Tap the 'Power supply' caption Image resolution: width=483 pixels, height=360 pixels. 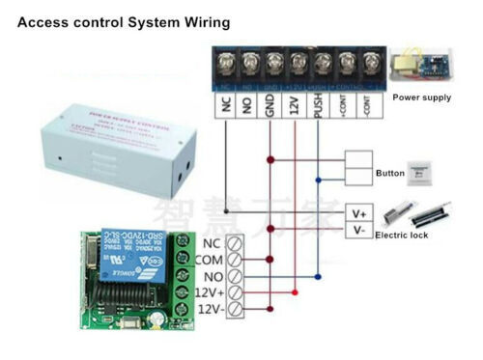pyautogui.click(x=424, y=97)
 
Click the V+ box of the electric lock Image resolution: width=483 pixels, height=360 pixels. pyautogui.click(x=358, y=211)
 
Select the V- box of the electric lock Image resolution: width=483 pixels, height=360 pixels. pyautogui.click(x=358, y=230)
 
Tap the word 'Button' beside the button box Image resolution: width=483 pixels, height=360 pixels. pyautogui.click(x=390, y=174)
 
